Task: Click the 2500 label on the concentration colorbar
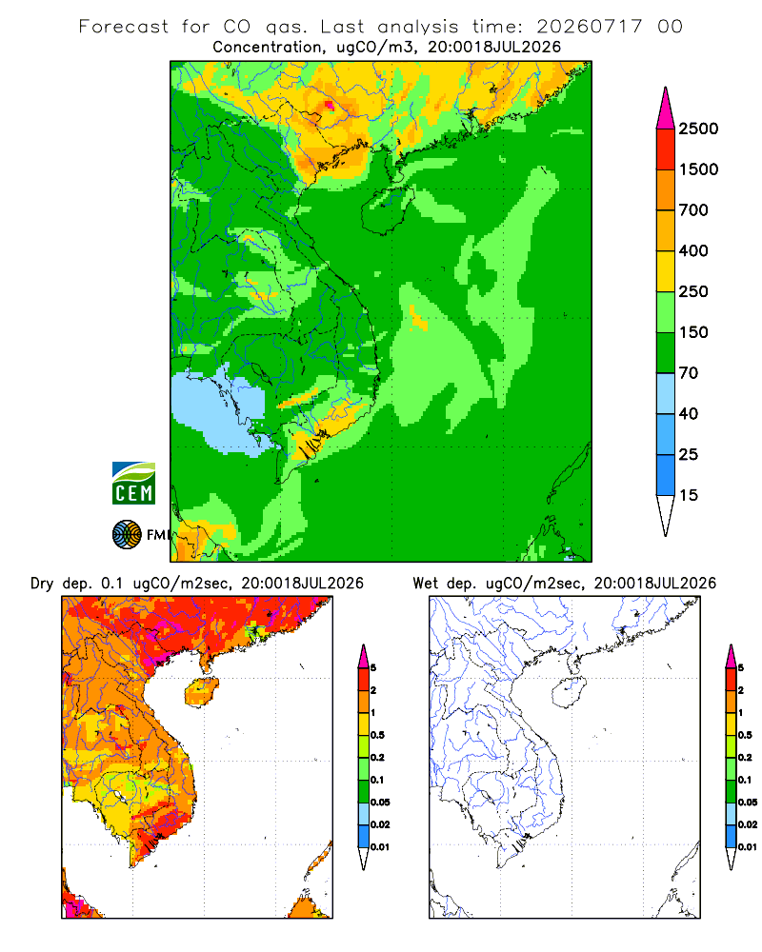pyautogui.click(x=698, y=129)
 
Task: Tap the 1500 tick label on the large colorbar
pyautogui.click(x=698, y=169)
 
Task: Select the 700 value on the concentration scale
pyautogui.click(x=693, y=210)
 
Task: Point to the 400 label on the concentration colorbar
pyautogui.click(x=693, y=250)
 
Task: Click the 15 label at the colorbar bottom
pyautogui.click(x=689, y=495)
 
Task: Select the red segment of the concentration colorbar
pyautogui.click(x=666, y=149)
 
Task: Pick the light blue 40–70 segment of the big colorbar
pyautogui.click(x=666, y=393)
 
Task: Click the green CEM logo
pyautogui.click(x=133, y=484)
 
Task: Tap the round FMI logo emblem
pyautogui.click(x=127, y=535)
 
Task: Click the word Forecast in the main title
pyautogui.click(x=124, y=27)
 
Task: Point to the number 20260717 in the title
pyautogui.click(x=589, y=27)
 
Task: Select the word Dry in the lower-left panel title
pyautogui.click(x=42, y=584)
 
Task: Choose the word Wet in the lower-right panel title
pyautogui.click(x=425, y=584)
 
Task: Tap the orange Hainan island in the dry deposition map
pyautogui.click(x=202, y=692)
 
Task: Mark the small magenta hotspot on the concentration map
pyautogui.click(x=329, y=105)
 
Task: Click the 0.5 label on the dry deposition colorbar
pyautogui.click(x=377, y=735)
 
